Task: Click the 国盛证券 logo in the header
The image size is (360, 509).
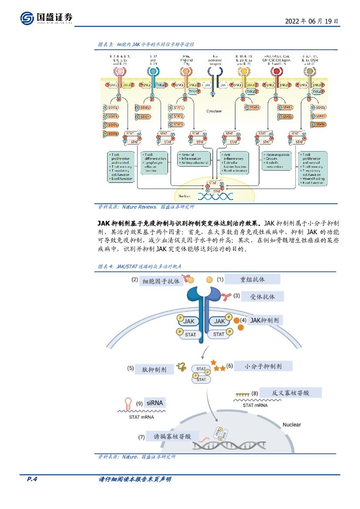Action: [x=46, y=18]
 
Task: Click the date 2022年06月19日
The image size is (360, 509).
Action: [x=311, y=21]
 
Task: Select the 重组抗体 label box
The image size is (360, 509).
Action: [x=252, y=279]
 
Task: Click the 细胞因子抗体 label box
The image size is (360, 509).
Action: [x=161, y=282]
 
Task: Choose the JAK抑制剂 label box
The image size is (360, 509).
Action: [x=265, y=320]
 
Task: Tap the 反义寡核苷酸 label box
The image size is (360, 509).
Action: [x=290, y=392]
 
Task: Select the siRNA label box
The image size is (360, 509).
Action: [x=155, y=403]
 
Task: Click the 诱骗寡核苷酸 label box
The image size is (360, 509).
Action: [x=172, y=436]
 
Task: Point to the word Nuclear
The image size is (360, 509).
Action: [x=292, y=425]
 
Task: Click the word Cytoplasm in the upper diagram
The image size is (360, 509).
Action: [x=214, y=111]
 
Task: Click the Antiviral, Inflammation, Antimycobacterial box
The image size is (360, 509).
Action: [x=193, y=159]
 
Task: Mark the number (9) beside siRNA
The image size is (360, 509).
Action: [x=139, y=404]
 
